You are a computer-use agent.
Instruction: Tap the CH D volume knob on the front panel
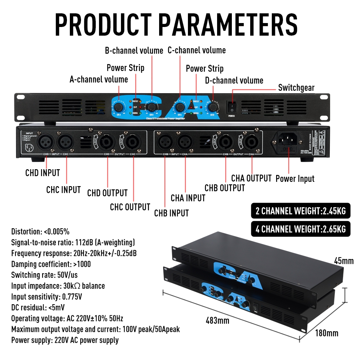pos(213,107)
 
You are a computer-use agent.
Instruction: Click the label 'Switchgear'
pos(296,88)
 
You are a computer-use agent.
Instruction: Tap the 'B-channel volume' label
pos(134,50)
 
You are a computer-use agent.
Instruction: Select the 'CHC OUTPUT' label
pos(130,207)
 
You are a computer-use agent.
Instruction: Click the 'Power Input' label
pos(295,179)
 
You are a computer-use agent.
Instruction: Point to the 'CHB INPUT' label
pos(171,213)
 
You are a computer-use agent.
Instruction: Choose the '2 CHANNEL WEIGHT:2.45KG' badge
pos(300,211)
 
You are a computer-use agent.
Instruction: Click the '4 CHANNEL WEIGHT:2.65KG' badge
pos(300,229)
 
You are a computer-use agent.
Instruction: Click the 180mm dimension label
pos(327,333)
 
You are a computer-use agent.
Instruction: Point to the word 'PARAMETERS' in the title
pos(228,25)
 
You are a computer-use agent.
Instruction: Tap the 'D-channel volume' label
pos(234,80)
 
